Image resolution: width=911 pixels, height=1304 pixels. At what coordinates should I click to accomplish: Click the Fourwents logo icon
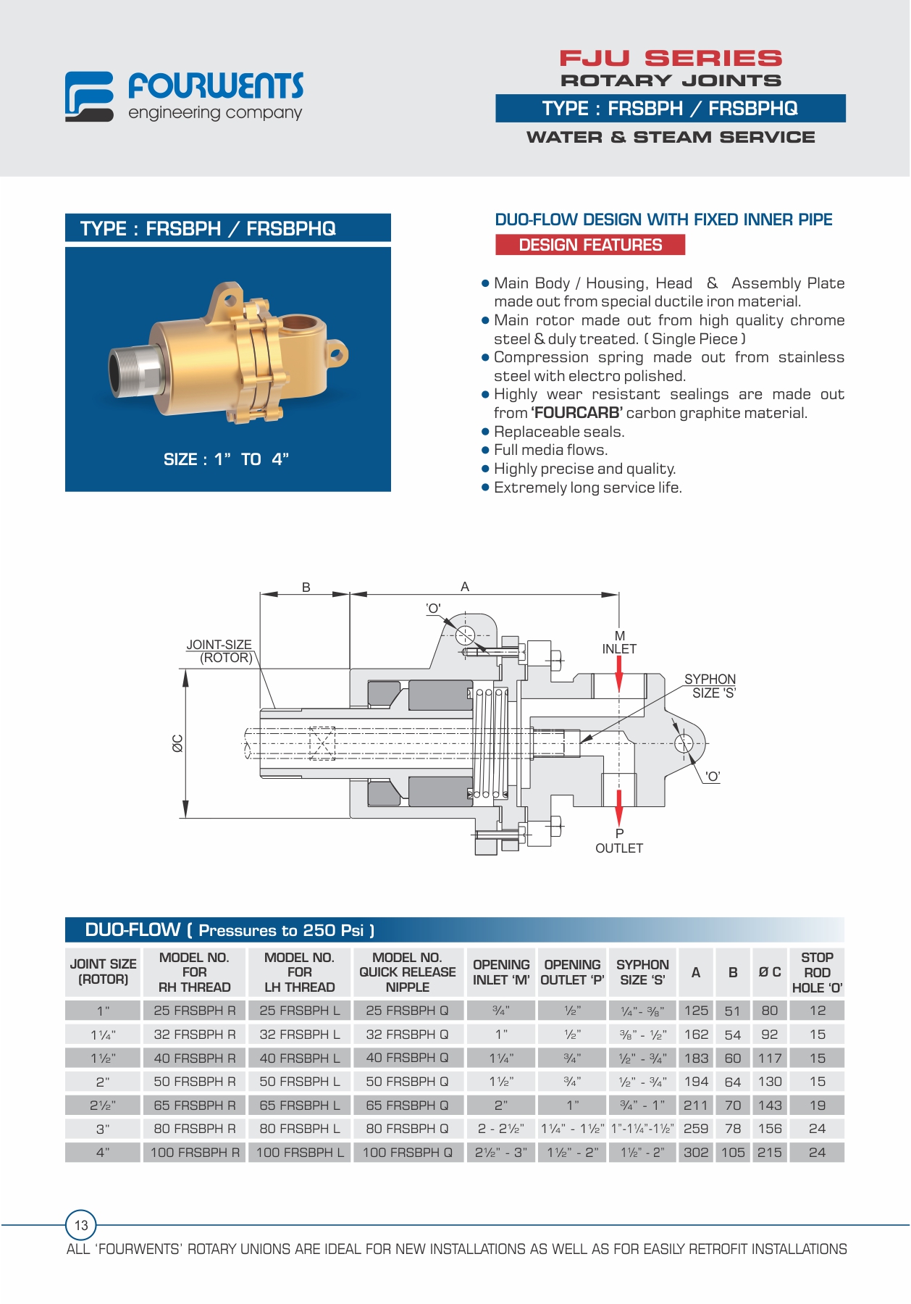89,96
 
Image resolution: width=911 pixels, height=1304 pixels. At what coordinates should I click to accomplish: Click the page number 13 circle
81,1225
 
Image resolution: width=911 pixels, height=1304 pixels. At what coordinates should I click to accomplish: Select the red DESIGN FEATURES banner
590,245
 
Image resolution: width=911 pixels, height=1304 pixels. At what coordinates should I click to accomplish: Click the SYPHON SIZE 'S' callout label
710,686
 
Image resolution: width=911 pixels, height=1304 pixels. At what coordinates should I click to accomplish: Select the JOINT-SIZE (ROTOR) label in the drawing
219,651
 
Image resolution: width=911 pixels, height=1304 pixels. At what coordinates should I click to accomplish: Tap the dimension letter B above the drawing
306,588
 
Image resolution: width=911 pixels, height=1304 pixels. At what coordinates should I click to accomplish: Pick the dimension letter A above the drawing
465,587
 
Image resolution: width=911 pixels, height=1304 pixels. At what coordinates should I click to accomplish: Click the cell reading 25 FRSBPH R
194,1011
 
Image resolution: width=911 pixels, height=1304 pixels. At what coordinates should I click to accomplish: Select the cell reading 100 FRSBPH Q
408,1152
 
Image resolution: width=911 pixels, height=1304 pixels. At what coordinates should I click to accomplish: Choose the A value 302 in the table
696,1152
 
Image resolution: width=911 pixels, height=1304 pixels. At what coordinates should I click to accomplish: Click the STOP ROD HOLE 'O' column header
817,972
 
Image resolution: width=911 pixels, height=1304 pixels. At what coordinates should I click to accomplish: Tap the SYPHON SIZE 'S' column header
642,972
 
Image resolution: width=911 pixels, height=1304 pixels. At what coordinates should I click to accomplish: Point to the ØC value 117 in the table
770,1058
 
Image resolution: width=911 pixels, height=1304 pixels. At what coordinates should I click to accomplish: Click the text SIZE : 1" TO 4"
227,459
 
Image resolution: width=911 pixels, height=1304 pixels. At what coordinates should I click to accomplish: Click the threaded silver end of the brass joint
131,368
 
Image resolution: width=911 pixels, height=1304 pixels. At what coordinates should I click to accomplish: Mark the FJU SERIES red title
671,58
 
